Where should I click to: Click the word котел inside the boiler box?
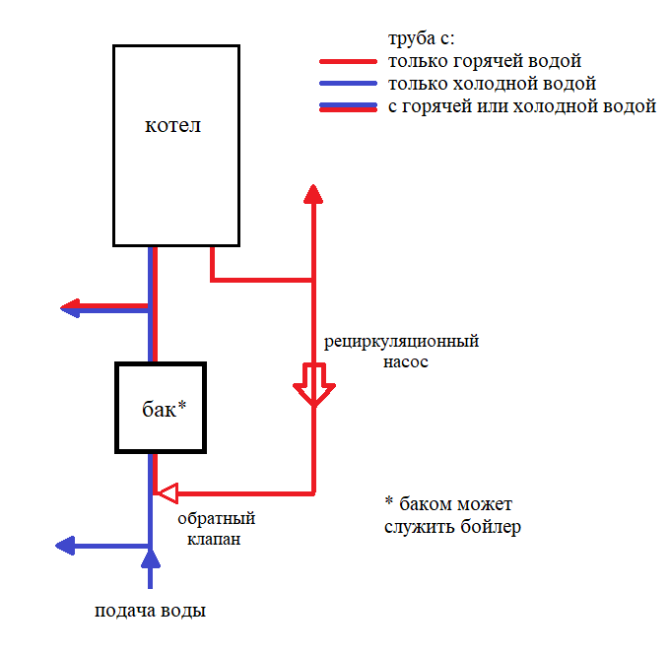pyautogui.click(x=172, y=125)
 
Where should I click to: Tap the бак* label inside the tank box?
pyautogui.click(x=165, y=409)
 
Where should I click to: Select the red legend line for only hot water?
pyautogui.click(x=348, y=62)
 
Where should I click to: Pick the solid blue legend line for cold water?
pyautogui.click(x=348, y=84)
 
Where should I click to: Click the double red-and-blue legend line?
pyautogui.click(x=348, y=107)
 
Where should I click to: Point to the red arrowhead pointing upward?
pyautogui.click(x=313, y=194)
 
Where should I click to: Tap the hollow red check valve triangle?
pyautogui.click(x=167, y=493)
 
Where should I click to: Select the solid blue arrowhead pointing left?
pyautogui.click(x=65, y=546)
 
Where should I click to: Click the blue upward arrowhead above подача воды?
pyautogui.click(x=150, y=558)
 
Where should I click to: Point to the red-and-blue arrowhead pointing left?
pyautogui.click(x=70, y=308)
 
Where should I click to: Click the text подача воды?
pyautogui.click(x=150, y=611)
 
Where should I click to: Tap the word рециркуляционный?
pyautogui.click(x=401, y=342)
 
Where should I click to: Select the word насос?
pyautogui.click(x=406, y=362)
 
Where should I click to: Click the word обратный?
pyautogui.click(x=217, y=519)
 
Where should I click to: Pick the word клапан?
pyautogui.click(x=214, y=539)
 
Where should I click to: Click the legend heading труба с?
pyautogui.click(x=422, y=38)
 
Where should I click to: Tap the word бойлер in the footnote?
pyautogui.click(x=491, y=527)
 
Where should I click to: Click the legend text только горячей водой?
pyautogui.click(x=485, y=61)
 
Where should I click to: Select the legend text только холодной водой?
pyautogui.click(x=492, y=84)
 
